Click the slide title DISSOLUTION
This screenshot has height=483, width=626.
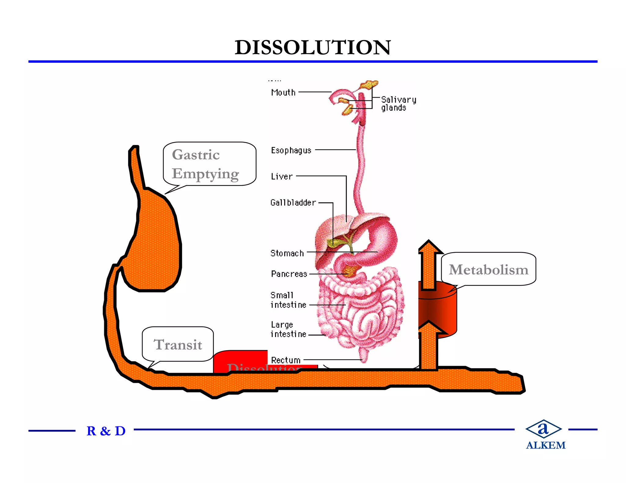pyautogui.click(x=313, y=48)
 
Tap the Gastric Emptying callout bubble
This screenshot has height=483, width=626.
pyautogui.click(x=209, y=164)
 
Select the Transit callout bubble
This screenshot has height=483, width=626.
pyautogui.click(x=178, y=344)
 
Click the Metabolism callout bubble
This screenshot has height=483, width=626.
pyautogui.click(x=488, y=269)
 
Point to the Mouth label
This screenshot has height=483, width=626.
pyautogui.click(x=283, y=92)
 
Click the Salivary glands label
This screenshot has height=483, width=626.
pyautogui.click(x=398, y=104)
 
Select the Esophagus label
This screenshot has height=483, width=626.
pyautogui.click(x=291, y=150)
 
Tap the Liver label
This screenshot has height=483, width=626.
pyautogui.click(x=282, y=176)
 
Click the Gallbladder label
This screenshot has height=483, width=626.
pyautogui.click(x=293, y=202)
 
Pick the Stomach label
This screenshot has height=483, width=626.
pyautogui.click(x=287, y=253)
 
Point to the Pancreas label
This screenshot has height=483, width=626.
pyautogui.click(x=289, y=274)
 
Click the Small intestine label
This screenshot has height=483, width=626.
pyautogui.click(x=288, y=300)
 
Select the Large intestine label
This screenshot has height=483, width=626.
pyautogui.click(x=288, y=329)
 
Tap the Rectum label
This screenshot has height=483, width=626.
pyautogui.click(x=286, y=360)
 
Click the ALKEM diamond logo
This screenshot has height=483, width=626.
pyautogui.click(x=543, y=429)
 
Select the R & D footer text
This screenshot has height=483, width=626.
pyautogui.click(x=106, y=431)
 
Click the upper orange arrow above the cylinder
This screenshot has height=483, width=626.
pyautogui.click(x=429, y=266)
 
